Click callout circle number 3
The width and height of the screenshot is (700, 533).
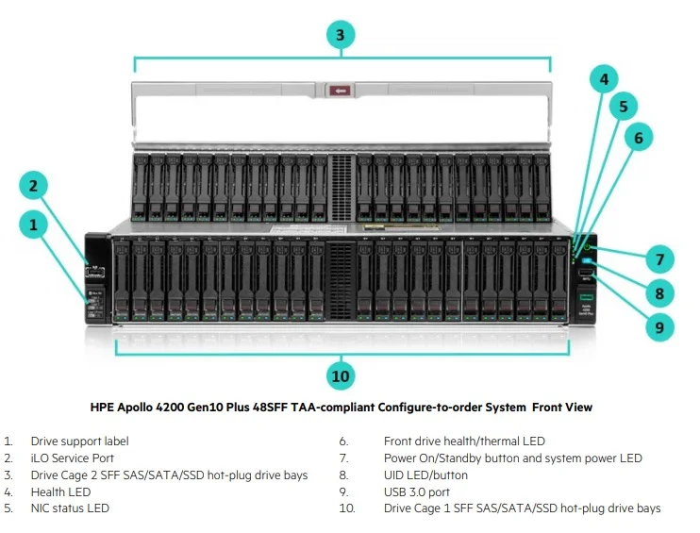pos(341,36)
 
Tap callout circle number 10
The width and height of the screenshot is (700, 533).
pos(341,376)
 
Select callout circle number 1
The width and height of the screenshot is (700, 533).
pos(33,225)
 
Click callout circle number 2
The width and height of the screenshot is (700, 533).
pos(33,186)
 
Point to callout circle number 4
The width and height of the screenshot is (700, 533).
pos(605,80)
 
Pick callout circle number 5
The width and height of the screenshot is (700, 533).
pos(623,107)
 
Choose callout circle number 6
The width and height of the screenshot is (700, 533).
pos(639,138)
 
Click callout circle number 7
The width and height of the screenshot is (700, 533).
pos(660,258)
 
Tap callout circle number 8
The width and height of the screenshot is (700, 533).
pos(660,292)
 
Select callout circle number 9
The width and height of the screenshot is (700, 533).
pos(660,327)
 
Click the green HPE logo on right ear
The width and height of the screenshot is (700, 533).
pos(586,298)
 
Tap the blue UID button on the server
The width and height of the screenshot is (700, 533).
pos(587,261)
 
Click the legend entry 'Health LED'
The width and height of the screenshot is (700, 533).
pos(60,491)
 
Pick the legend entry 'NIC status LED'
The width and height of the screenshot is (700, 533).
pos(69,508)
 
